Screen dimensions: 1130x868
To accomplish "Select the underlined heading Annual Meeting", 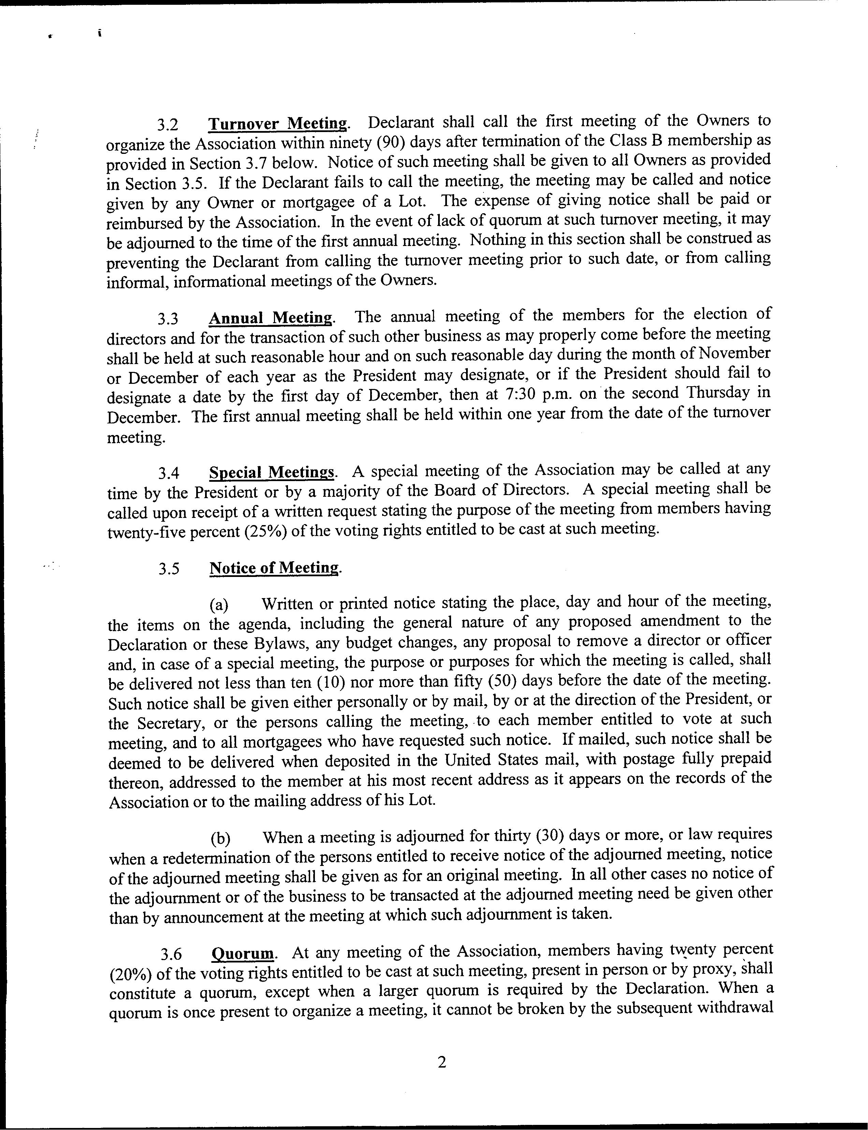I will tap(271, 318).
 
